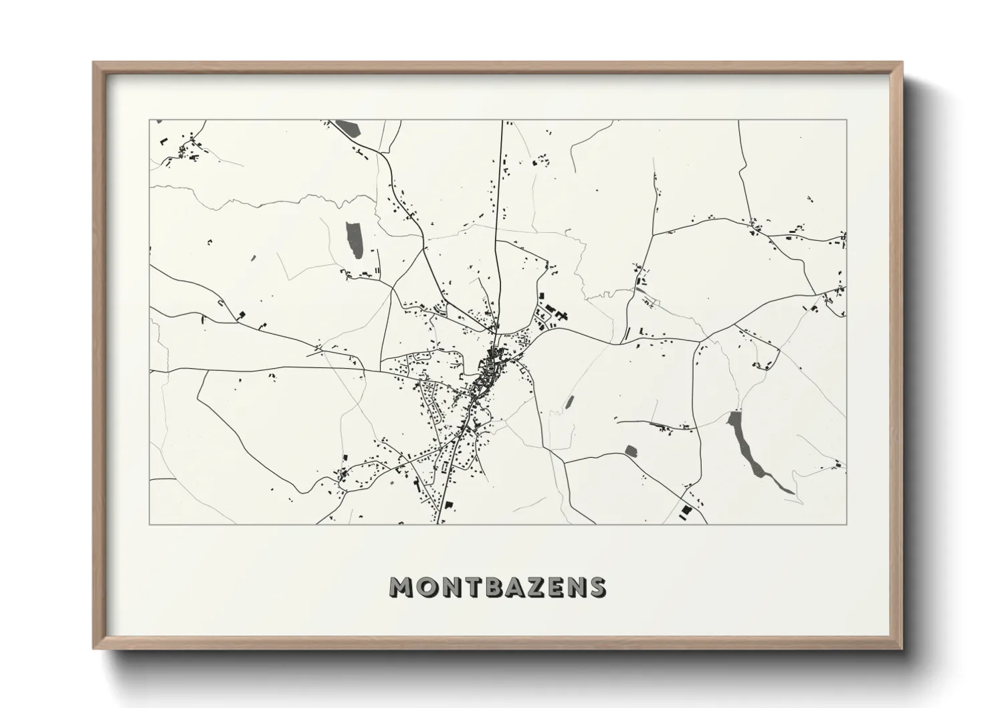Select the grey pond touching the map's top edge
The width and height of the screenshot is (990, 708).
pyautogui.click(x=347, y=127)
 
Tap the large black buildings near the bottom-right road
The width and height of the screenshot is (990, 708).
pyautogui.click(x=686, y=511)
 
